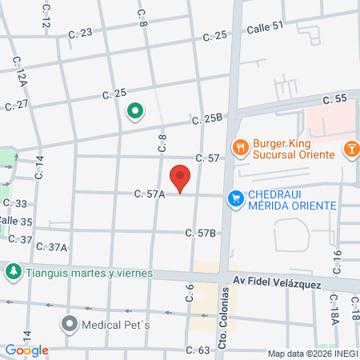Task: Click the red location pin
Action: pos(181,178)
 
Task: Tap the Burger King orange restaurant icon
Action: pos(239,146)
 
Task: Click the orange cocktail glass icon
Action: pos(350,148)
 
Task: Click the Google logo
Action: pos(26,350)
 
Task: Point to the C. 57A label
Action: pos(150,193)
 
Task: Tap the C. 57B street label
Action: pos(201,233)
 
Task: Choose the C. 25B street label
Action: pos(206,119)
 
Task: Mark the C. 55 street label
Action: pos(336,98)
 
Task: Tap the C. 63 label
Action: pos(198,350)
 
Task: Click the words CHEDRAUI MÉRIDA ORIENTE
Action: pos(288,197)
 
